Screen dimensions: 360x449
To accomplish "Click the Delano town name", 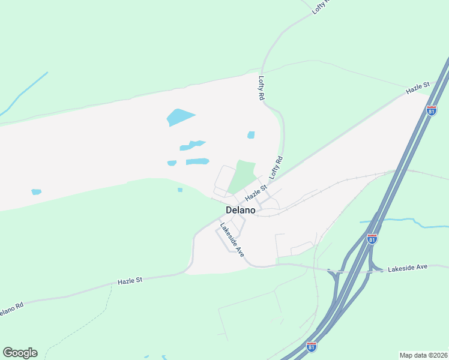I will click(x=241, y=211).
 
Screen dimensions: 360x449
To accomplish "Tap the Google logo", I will click(x=20, y=353).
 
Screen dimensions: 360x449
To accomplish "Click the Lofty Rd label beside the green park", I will click(x=276, y=168).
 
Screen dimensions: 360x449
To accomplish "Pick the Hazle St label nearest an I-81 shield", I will click(x=419, y=88).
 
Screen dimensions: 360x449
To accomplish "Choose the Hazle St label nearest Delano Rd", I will click(x=130, y=280).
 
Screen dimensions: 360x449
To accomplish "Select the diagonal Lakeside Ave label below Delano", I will click(x=232, y=240).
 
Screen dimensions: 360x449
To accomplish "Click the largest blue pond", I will click(x=181, y=116).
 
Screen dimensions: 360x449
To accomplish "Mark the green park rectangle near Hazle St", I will click(x=241, y=176).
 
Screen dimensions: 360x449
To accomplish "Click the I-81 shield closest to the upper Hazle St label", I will click(x=432, y=110).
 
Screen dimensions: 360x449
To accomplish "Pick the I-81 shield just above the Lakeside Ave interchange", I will click(x=372, y=238).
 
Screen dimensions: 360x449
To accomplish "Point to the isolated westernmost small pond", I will click(x=37, y=192).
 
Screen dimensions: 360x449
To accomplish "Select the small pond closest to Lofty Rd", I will click(x=251, y=135).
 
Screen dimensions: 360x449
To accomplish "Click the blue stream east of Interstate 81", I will click(x=408, y=223).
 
